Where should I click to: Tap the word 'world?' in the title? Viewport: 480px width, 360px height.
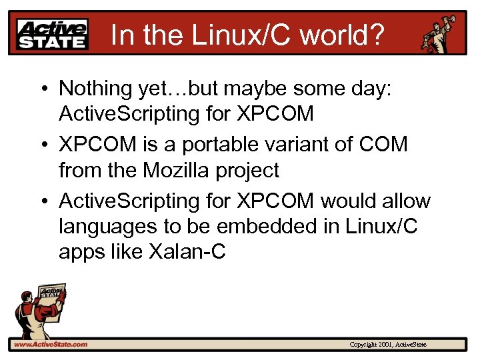[343, 34]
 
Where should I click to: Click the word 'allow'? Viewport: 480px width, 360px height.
[408, 200]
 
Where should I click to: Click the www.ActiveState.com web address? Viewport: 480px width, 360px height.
[51, 345]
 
